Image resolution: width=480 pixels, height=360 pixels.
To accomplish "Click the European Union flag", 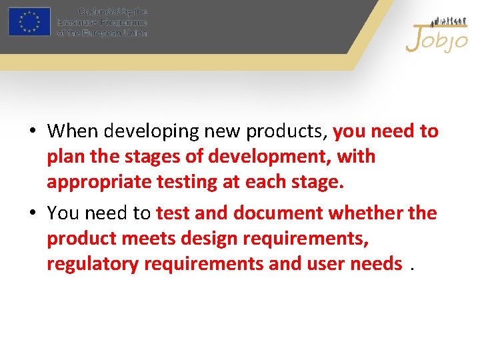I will tap(29, 21).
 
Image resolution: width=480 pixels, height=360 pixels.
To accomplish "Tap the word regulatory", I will tap(91, 264).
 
